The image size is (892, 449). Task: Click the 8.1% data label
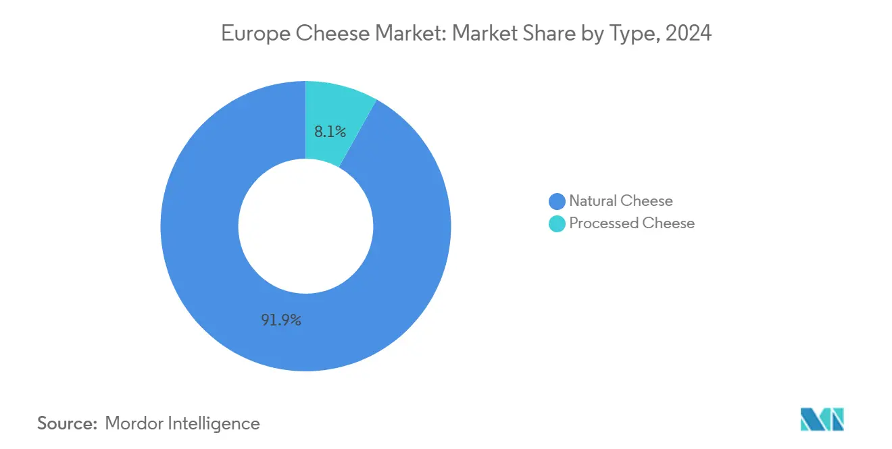(x=330, y=132)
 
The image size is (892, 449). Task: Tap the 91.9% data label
(x=281, y=320)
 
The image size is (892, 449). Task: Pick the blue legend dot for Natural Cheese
(x=557, y=201)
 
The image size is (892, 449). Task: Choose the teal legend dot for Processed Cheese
(x=557, y=223)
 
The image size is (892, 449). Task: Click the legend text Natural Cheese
(x=621, y=201)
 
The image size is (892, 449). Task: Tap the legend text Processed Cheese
(x=632, y=223)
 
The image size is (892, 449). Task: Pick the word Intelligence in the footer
(x=216, y=423)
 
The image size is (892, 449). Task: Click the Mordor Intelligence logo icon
(x=822, y=419)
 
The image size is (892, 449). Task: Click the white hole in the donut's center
(x=305, y=226)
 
